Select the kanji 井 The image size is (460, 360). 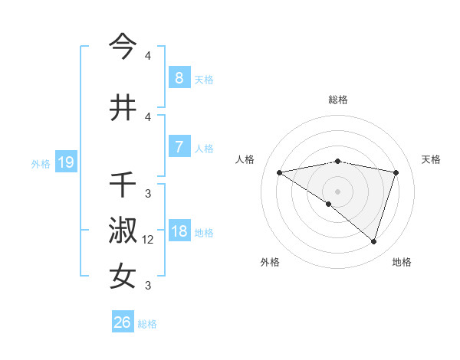tap(123, 108)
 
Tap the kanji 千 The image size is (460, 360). tap(123, 185)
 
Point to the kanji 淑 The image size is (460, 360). tap(123, 231)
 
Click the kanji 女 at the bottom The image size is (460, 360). tap(123, 277)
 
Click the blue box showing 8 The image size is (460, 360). tap(179, 77)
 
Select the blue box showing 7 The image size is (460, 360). tap(179, 147)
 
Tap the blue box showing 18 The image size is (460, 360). tap(179, 231)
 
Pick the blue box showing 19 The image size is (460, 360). tap(65, 162)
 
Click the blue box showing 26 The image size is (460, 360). tap(122, 322)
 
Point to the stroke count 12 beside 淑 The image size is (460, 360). tap(148, 240)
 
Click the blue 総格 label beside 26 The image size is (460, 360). tap(147, 324)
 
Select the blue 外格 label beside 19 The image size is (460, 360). tap(41, 163)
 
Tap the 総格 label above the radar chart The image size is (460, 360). tap(337, 100)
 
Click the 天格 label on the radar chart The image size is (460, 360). tap(432, 159)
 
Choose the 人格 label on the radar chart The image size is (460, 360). tap(245, 159)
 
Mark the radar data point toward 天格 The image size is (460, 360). tap(396, 172)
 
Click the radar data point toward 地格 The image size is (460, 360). tap(373, 241)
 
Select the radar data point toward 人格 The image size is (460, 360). tap(279, 172)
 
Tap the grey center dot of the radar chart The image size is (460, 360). tap(337, 191)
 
